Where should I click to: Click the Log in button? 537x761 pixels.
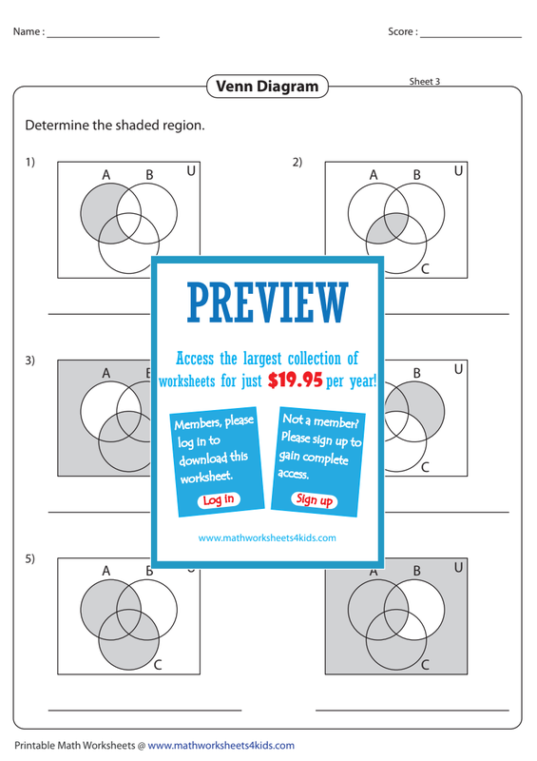click(219, 499)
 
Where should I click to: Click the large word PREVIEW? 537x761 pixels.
click(268, 303)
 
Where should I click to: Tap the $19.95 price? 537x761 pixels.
click(295, 380)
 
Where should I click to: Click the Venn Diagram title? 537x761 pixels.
click(267, 87)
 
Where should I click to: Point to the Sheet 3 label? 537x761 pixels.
click(425, 81)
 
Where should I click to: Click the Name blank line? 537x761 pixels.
click(104, 37)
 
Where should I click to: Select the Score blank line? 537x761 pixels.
click(470, 37)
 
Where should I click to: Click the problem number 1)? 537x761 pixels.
click(30, 162)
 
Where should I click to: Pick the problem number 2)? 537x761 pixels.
click(297, 162)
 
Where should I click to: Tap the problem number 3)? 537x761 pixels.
click(30, 361)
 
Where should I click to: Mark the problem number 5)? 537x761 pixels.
click(30, 558)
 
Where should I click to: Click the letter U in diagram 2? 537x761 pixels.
click(458, 171)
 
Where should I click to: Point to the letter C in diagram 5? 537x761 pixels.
click(158, 665)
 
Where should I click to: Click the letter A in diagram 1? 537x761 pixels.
click(106, 175)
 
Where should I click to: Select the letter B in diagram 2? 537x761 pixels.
click(416, 175)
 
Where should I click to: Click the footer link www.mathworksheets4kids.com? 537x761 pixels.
click(221, 746)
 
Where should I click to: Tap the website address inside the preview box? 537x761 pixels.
click(267, 537)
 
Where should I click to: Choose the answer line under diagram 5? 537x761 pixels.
click(145, 711)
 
